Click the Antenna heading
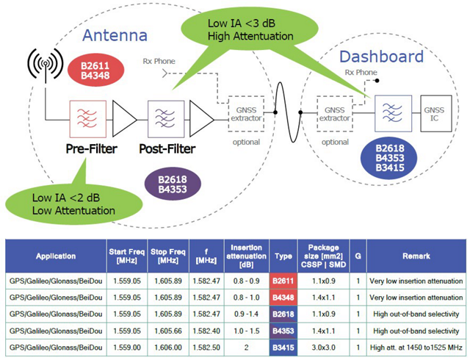click(x=115, y=35)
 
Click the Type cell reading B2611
click(x=283, y=279)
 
